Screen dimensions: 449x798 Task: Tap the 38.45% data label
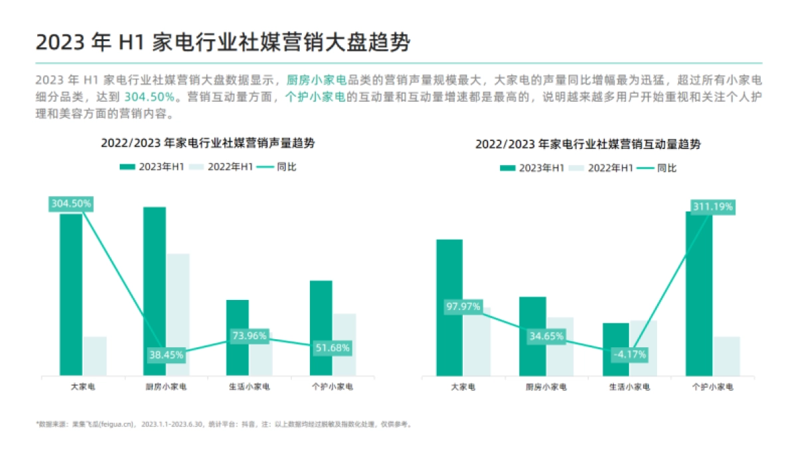click(166, 355)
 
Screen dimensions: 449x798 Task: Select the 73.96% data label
click(250, 336)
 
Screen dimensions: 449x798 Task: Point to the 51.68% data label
click(332, 347)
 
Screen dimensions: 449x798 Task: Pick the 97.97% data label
click(463, 307)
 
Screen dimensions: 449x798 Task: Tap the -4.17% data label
click(629, 355)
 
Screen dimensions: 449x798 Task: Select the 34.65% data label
click(546, 337)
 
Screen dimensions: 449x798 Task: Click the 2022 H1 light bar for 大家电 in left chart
click(94, 356)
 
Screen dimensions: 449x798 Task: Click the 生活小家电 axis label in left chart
click(250, 386)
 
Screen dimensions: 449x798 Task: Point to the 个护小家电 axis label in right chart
click(712, 386)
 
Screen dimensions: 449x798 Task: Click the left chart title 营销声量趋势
click(207, 143)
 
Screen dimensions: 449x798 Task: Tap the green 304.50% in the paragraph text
click(150, 97)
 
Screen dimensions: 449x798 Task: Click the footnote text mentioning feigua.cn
click(224, 424)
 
